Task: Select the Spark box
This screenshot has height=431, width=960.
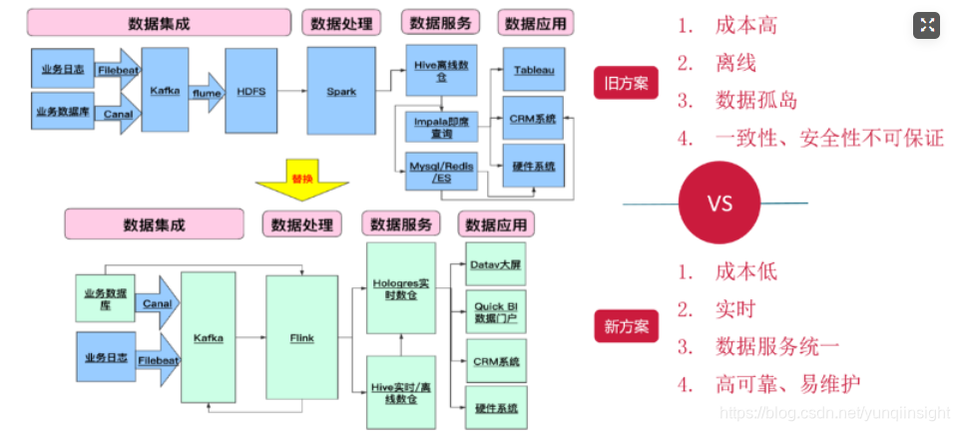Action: coord(341,91)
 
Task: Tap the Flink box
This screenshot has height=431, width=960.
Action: coord(301,338)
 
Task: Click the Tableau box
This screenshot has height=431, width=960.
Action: coord(534,70)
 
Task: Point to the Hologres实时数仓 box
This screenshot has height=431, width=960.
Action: coord(401,289)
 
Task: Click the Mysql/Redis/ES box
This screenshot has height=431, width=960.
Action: coord(441,171)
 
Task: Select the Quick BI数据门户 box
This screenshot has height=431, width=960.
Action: coord(496,311)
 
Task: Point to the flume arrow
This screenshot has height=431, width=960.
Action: coord(208,92)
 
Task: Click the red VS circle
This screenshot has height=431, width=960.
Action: coord(720,204)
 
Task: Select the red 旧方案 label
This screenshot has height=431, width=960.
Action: coord(626,83)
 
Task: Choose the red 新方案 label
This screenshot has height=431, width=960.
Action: coord(626,325)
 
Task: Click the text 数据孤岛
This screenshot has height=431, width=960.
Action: coord(756,100)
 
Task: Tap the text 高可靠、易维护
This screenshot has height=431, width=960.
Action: coord(787,383)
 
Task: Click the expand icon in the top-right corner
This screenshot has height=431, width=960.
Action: coord(926,26)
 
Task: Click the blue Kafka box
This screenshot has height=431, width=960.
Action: coord(165,90)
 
